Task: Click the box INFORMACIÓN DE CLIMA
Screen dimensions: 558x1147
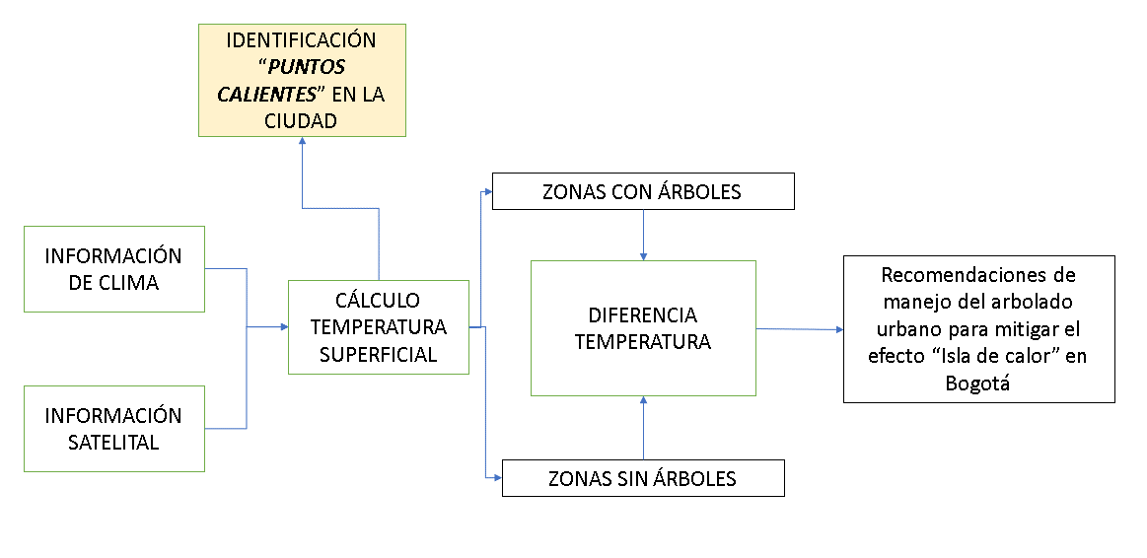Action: tap(113, 269)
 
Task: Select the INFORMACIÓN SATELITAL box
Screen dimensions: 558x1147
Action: tap(113, 429)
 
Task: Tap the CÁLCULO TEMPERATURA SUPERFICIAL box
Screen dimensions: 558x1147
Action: tap(378, 327)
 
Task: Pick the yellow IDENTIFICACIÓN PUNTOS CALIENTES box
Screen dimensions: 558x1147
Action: tap(302, 80)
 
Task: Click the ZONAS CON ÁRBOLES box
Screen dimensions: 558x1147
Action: tap(642, 192)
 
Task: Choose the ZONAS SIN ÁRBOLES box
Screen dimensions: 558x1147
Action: tap(642, 479)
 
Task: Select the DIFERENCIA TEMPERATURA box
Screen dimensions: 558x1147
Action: tap(643, 329)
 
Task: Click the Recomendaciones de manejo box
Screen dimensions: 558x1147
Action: tap(978, 329)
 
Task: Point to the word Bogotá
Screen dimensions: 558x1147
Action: tap(978, 384)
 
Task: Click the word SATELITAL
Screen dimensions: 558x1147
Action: tap(113, 443)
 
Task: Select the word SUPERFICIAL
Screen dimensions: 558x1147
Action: tap(378, 354)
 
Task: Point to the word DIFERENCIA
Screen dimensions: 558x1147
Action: tap(643, 315)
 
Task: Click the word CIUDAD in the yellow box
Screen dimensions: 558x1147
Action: tap(301, 121)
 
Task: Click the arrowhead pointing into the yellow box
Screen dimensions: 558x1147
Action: tap(302, 142)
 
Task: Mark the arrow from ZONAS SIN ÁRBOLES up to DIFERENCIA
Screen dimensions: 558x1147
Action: tap(643, 429)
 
